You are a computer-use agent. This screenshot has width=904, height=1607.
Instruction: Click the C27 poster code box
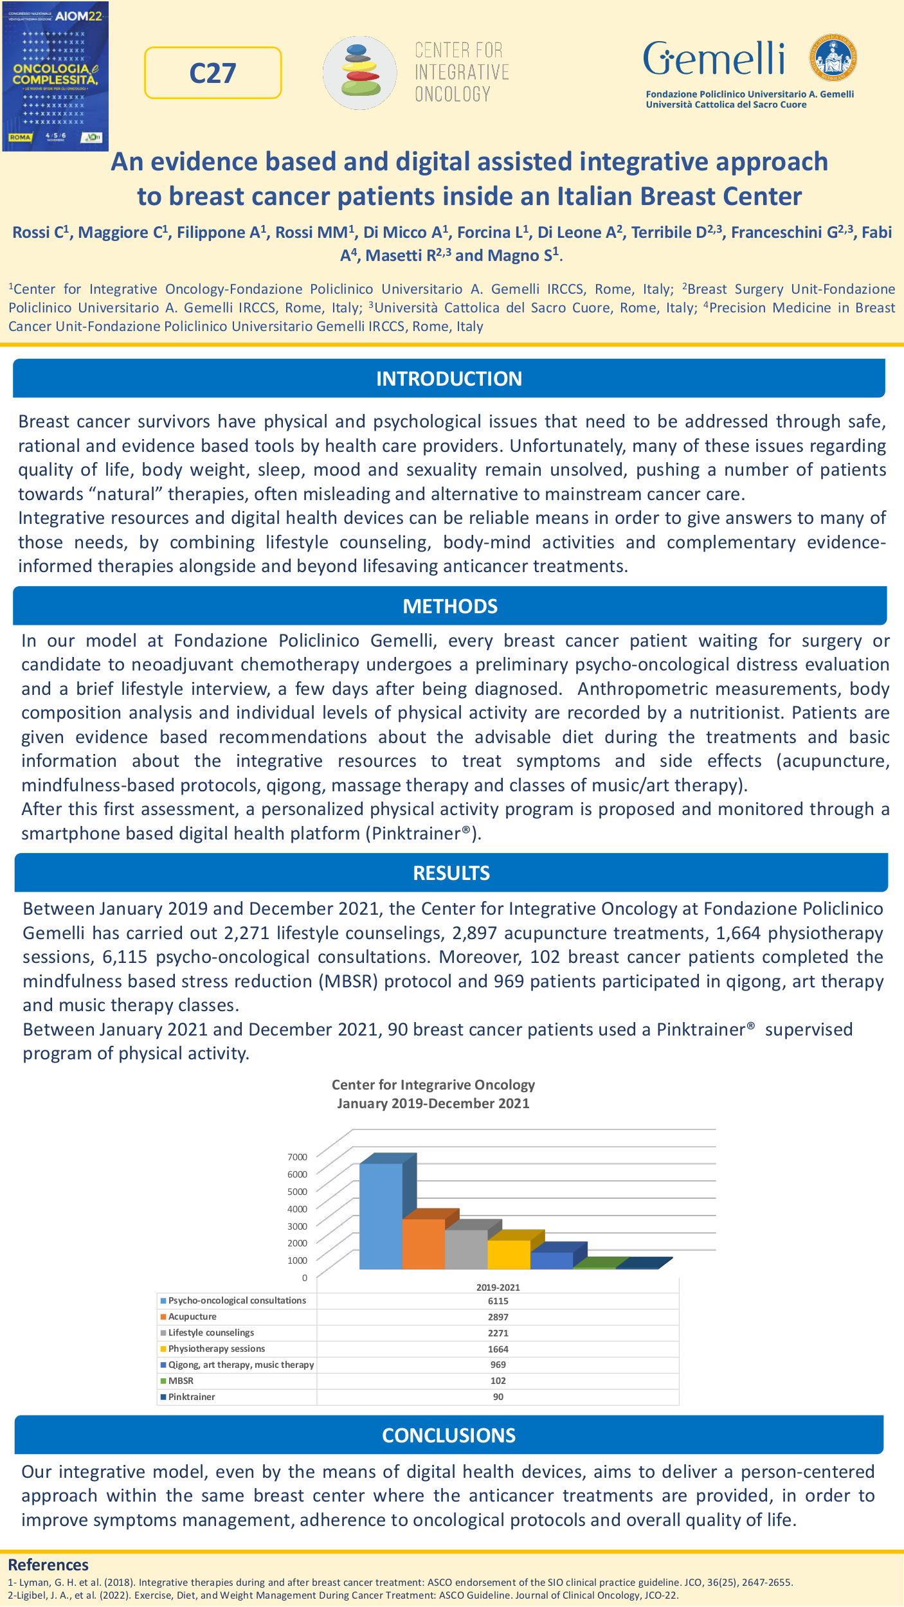tap(213, 73)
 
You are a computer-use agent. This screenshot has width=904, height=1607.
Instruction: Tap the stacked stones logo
tap(360, 72)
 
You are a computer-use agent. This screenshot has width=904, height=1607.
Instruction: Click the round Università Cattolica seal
tap(833, 58)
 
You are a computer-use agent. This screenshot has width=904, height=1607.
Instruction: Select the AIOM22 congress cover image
tap(55, 76)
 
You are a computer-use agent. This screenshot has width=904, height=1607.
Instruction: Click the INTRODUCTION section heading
tap(449, 379)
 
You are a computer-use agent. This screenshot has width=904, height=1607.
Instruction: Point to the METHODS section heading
tap(450, 606)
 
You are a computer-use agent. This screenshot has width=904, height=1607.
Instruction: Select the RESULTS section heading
tap(451, 873)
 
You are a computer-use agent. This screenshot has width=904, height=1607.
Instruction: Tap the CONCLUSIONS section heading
tap(449, 1435)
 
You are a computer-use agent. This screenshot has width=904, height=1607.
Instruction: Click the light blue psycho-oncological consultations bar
tap(381, 1215)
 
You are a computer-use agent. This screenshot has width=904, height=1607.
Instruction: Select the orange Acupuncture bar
tap(423, 1243)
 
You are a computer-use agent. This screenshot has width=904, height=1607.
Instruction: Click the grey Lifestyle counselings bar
tap(466, 1248)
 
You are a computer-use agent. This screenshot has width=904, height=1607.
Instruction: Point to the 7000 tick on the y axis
tap(297, 1157)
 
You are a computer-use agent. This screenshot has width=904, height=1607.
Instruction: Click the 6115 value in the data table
tap(498, 1301)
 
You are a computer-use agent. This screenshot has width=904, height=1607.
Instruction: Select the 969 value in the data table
tap(498, 1365)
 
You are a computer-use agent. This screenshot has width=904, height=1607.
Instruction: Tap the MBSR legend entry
tap(181, 1381)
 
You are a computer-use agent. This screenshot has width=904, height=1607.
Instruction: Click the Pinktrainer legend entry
tap(191, 1397)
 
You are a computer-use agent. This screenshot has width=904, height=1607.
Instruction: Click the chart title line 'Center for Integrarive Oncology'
tap(433, 1085)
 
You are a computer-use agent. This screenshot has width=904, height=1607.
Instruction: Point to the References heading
tap(48, 1565)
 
